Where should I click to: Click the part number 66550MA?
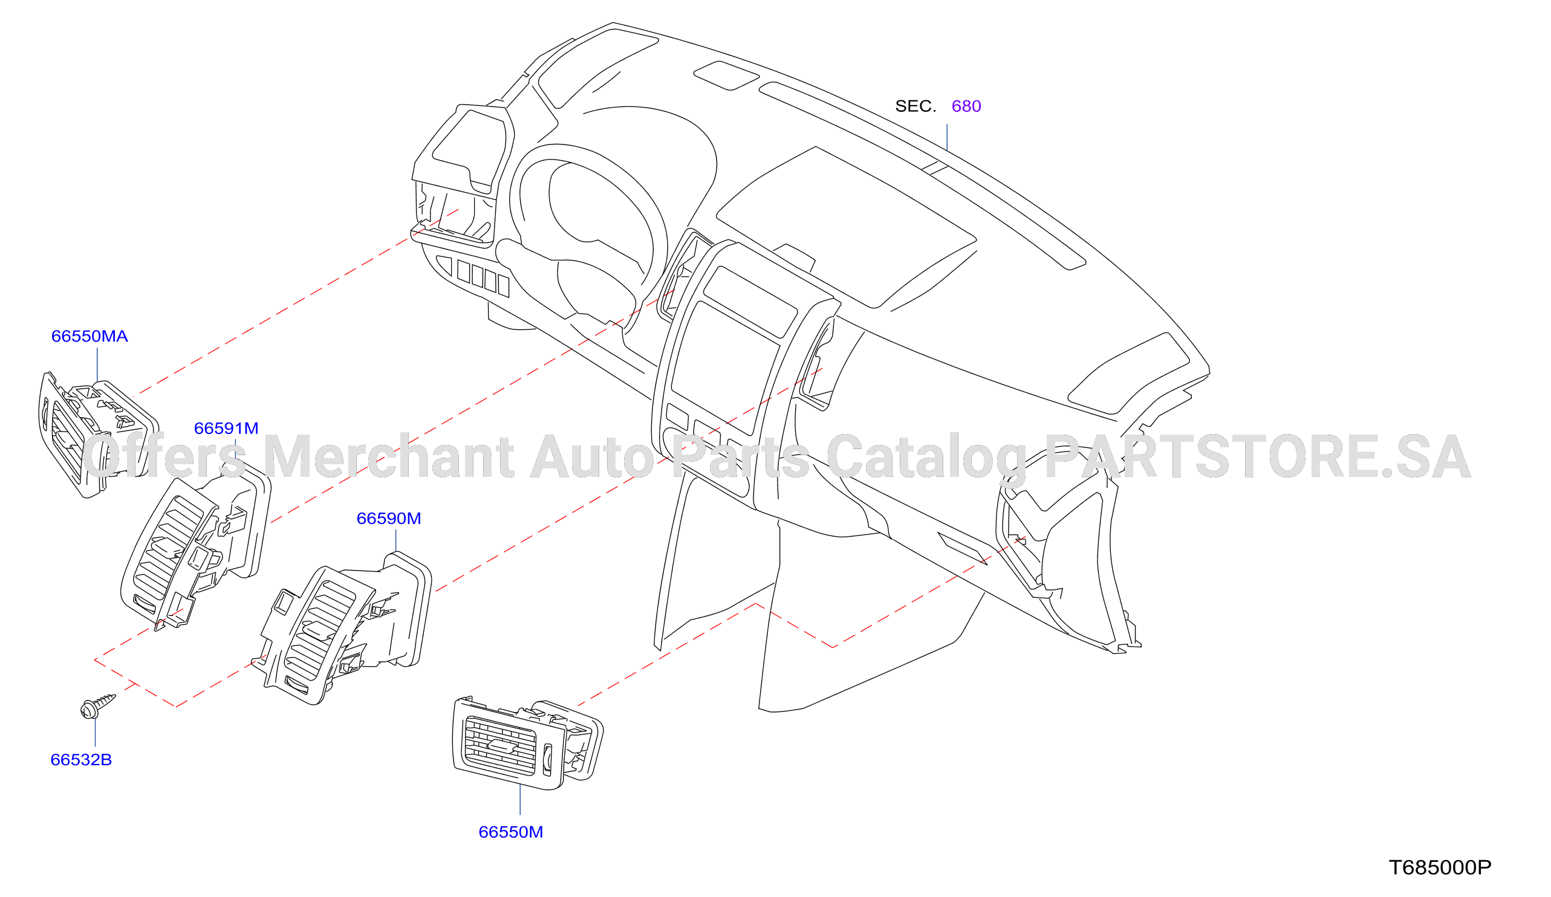pos(89,337)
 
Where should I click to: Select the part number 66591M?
pos(226,428)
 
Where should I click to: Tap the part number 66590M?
pos(388,519)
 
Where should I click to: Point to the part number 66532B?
pos(80,760)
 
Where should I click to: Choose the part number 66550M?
pos(510,832)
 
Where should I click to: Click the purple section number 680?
pos(966,106)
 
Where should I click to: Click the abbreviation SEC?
pos(915,106)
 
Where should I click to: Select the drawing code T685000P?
pos(1440,867)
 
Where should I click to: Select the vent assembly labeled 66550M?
pos(528,744)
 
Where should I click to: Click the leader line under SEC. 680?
pos(946,138)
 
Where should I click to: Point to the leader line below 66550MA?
pos(97,366)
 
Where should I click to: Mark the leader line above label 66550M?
pos(520,800)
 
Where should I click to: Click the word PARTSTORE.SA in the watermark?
pos(1257,456)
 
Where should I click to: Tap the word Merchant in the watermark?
pos(389,456)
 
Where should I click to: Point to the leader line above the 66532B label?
pos(96,732)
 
